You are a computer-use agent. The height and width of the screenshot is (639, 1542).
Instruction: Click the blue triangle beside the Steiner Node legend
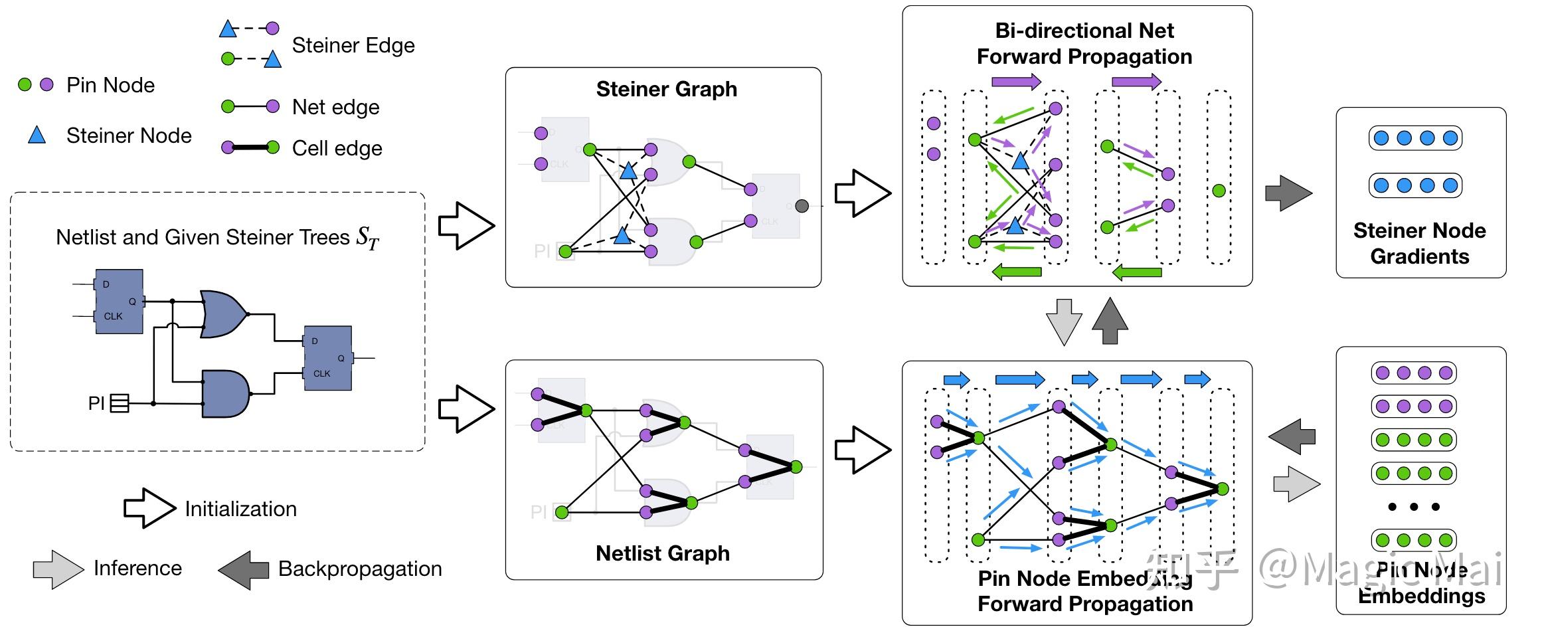click(37, 136)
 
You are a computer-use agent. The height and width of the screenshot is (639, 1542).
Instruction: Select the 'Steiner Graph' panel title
click(666, 89)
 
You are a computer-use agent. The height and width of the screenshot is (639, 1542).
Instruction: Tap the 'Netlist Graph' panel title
click(662, 553)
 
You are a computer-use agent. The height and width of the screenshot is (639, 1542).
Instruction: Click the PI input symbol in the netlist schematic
click(119, 403)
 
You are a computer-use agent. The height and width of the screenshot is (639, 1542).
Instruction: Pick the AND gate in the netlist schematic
click(225, 394)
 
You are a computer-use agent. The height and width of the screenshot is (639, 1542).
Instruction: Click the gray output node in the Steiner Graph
click(802, 205)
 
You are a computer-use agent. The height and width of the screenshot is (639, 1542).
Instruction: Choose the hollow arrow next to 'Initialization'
click(149, 509)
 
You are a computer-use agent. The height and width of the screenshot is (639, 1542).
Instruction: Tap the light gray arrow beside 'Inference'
click(58, 569)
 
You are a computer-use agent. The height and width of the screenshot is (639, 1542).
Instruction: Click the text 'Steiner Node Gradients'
click(1420, 243)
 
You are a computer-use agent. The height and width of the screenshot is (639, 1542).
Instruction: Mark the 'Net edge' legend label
click(335, 107)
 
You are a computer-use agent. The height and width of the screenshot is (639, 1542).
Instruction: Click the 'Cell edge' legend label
click(337, 148)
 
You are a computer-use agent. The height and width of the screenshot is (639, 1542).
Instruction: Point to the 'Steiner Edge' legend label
click(353, 45)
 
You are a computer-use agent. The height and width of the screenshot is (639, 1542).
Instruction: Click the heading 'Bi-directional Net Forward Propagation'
click(1084, 44)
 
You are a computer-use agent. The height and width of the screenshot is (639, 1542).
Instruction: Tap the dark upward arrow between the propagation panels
click(1110, 321)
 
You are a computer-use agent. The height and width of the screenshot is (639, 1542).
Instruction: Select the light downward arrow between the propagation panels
click(1063, 321)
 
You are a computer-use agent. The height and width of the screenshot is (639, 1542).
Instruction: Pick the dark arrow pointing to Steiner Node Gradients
click(1288, 193)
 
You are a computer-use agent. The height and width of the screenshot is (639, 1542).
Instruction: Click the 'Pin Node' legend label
click(110, 85)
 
